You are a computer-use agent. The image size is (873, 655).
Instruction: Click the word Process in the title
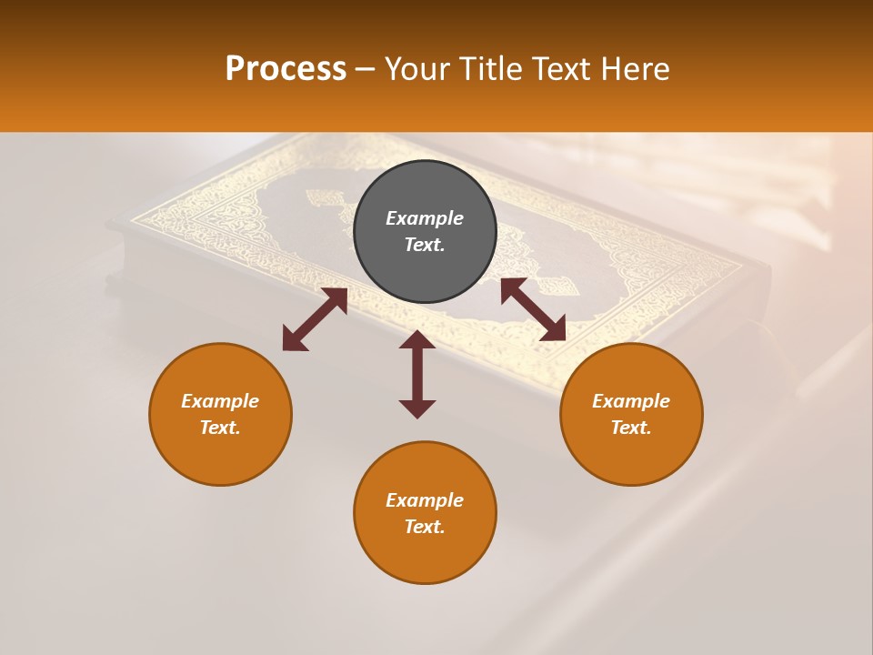pyautogui.click(x=286, y=69)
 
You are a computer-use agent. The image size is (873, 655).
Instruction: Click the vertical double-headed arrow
pyautogui.click(x=417, y=374)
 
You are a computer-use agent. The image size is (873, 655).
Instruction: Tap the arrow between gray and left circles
pyautogui.click(x=315, y=319)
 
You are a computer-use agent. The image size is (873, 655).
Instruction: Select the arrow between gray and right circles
pyautogui.click(x=533, y=309)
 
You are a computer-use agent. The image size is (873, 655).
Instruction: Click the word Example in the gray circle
pyautogui.click(x=425, y=218)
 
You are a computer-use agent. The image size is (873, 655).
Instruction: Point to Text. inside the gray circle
pyautogui.click(x=425, y=245)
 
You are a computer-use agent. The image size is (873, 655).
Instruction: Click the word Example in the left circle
pyautogui.click(x=220, y=401)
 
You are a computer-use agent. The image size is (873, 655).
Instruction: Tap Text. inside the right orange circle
pyautogui.click(x=631, y=428)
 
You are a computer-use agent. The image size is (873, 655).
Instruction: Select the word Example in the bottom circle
pyautogui.click(x=425, y=500)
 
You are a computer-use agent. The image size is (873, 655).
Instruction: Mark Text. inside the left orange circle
pyautogui.click(x=220, y=428)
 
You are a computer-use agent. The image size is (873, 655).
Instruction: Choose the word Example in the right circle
pyautogui.click(x=631, y=401)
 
